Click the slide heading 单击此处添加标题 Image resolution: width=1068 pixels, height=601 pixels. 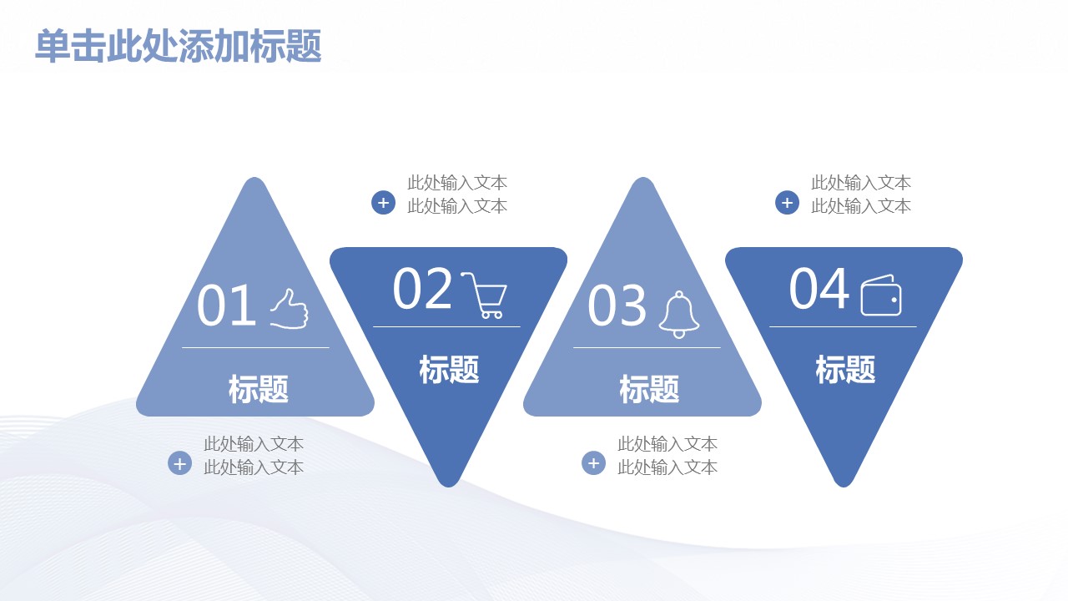coord(179,46)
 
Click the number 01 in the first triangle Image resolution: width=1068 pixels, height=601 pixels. coord(226,306)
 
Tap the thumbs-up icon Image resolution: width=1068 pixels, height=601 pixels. coord(290,309)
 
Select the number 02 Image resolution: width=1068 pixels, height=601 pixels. coord(422,288)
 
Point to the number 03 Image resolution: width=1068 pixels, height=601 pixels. coord(617,306)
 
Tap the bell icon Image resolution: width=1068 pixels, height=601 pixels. coord(679,315)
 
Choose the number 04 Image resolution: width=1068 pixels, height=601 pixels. coord(819,288)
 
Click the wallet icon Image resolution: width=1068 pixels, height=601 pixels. coord(881,295)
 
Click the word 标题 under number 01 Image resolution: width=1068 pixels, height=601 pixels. coord(259,389)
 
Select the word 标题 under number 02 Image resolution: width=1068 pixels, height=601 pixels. coord(449,369)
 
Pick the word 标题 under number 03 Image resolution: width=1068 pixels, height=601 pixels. coord(649,389)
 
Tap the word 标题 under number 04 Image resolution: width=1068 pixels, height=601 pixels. coord(845,369)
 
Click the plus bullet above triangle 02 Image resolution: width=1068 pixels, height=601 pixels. coord(383,203)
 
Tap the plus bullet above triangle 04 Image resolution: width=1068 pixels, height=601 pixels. coord(787,203)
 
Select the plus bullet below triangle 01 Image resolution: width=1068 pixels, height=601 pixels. coord(179,463)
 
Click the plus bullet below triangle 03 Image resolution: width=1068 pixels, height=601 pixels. coord(593,463)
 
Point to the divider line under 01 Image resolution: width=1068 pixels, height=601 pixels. coord(255,348)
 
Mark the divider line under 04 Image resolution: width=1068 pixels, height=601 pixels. coord(843,326)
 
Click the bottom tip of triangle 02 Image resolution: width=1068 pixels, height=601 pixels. coord(449,487)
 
